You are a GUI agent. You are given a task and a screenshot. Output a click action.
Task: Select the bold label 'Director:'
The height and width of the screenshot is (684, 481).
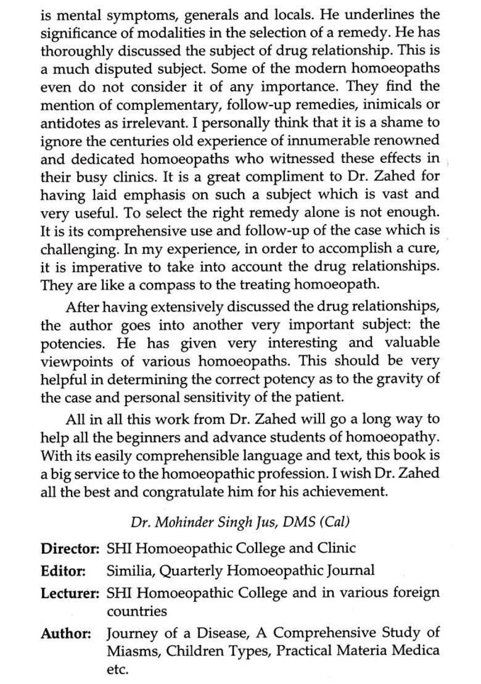point(70,548)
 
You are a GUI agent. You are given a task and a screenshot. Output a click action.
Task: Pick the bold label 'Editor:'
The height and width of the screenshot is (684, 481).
point(64,571)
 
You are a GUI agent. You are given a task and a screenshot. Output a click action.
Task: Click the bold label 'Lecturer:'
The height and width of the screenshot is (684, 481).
point(71,593)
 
